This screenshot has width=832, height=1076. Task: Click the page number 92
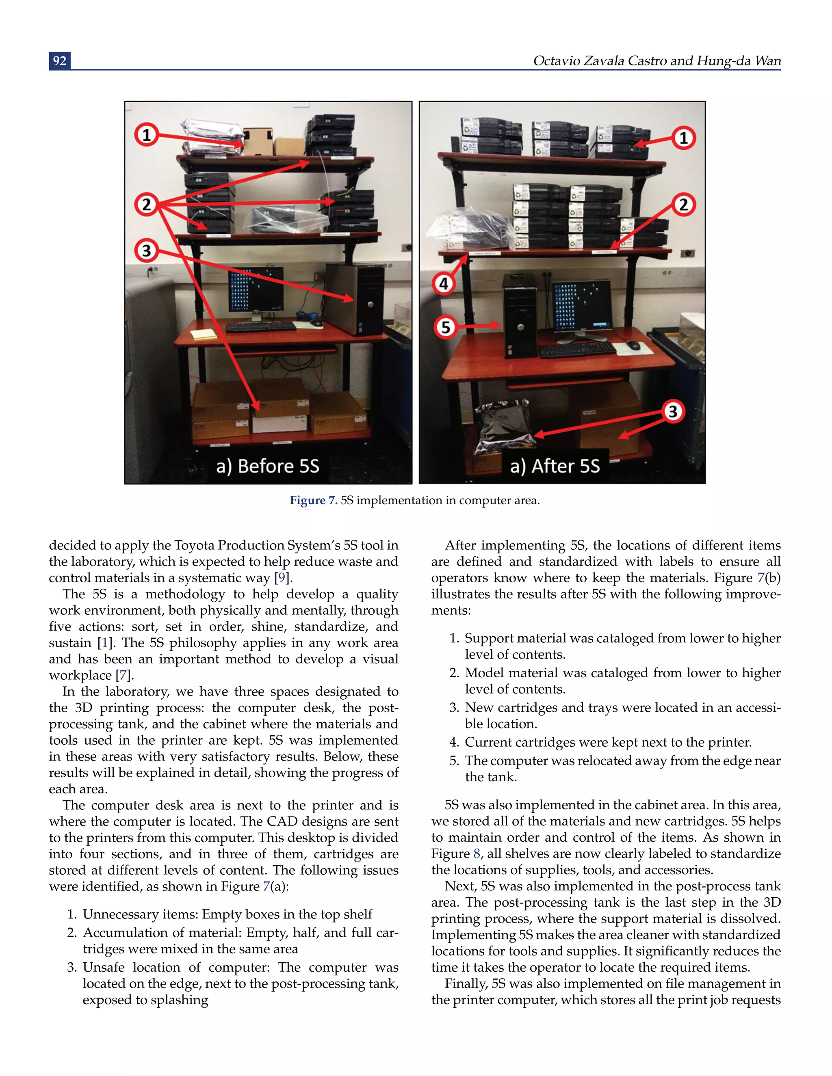pos(60,60)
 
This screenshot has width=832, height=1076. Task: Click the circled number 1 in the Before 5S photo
pos(146,134)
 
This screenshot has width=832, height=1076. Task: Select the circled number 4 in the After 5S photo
pos(444,284)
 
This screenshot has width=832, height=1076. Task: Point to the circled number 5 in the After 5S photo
pos(446,327)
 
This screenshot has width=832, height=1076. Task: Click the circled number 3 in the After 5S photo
pos(673,411)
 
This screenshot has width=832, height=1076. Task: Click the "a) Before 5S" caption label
pos(268,466)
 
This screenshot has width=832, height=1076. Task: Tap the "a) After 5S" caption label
pos(555,466)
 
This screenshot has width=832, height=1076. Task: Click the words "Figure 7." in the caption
pos(314,501)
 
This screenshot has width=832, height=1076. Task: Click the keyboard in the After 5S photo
pos(577,349)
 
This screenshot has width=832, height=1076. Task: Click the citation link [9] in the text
pos(282,578)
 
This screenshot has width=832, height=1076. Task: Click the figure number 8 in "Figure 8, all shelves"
pos(476,854)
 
